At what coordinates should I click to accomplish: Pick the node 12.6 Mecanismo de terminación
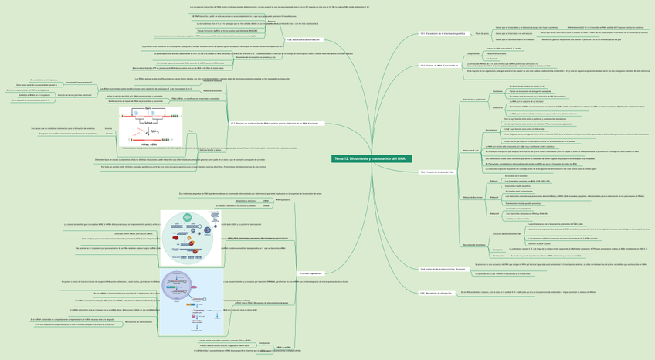(303, 39)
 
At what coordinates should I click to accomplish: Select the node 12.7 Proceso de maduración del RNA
(273, 123)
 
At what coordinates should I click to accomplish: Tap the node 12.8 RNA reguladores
(311, 273)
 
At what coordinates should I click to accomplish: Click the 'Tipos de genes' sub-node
(481, 34)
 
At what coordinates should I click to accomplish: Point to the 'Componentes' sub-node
(473, 54)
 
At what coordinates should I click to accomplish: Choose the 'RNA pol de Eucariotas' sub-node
(472, 197)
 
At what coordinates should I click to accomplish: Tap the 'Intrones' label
(108, 128)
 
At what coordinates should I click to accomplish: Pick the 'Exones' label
(110, 134)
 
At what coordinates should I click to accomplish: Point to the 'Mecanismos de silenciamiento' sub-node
(139, 321)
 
